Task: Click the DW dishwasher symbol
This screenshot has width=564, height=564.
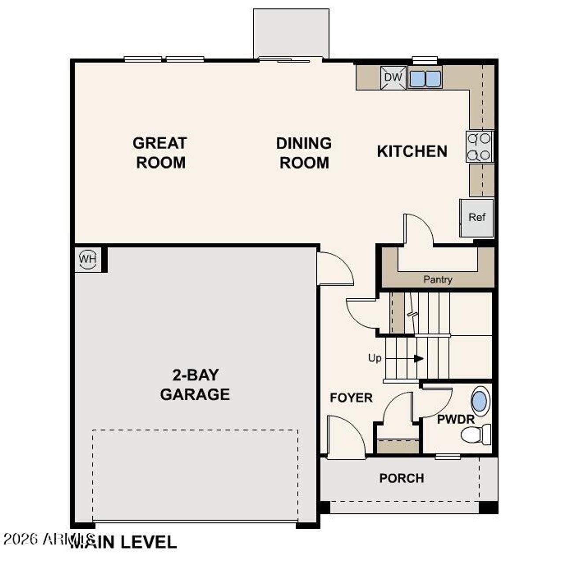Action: coord(393,78)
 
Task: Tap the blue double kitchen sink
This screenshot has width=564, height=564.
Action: coord(425,79)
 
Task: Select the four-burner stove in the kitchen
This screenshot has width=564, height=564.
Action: coord(479,147)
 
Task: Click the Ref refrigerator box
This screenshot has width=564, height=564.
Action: coord(477,217)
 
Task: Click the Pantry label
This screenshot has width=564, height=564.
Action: coord(438,279)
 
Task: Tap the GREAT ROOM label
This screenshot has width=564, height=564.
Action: coord(160,152)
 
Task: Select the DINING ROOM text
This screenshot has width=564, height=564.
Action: coord(304,153)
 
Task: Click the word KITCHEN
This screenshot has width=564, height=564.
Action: coord(412,152)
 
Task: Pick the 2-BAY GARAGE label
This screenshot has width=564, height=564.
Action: coord(195,384)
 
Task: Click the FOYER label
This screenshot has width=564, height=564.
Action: coord(351,398)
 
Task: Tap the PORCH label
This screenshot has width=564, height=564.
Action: coord(401,478)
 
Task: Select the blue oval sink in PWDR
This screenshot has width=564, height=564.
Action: coord(480,401)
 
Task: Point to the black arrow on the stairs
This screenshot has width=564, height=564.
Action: coord(419,359)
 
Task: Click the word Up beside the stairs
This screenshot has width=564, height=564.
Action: coord(375,358)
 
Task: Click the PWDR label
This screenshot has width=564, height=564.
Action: coord(456,419)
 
